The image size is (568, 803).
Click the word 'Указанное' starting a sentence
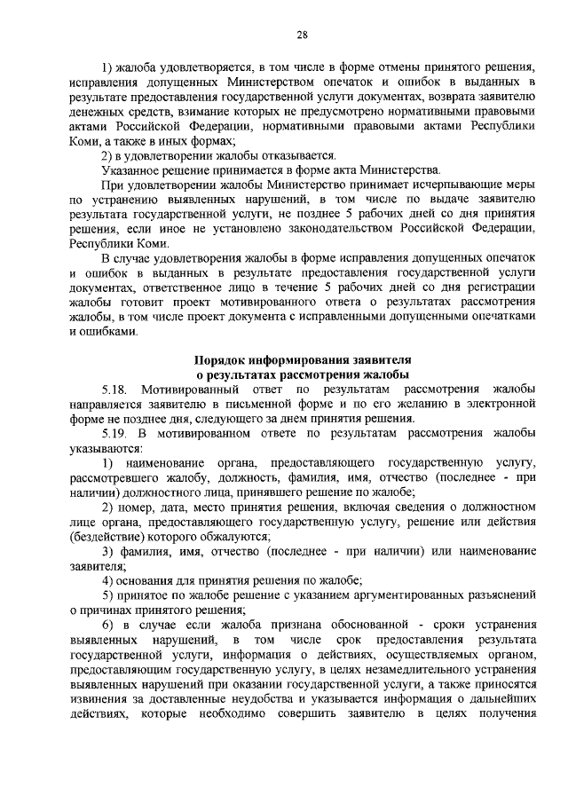click(x=130, y=170)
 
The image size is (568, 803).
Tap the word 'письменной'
click(x=290, y=405)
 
